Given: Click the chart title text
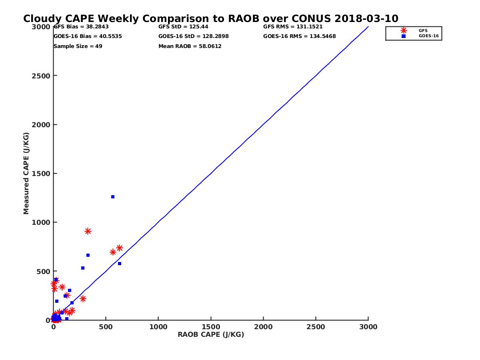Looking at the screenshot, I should (211, 19).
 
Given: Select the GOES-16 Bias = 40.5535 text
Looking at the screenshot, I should (88, 36).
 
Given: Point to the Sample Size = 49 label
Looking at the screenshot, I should (78, 46).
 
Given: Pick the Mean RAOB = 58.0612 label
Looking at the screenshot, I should (190, 46).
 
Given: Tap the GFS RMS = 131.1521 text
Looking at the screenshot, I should (293, 27).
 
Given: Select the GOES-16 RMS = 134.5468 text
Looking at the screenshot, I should (300, 36).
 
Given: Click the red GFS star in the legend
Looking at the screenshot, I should (404, 30).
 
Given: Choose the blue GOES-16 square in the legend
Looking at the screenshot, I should (404, 36).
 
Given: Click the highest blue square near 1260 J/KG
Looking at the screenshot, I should (113, 197).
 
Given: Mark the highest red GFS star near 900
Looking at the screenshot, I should (88, 231).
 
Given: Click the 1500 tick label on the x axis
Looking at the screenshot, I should (211, 327).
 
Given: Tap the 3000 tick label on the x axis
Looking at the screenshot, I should (368, 327).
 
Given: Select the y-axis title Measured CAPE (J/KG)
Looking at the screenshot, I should (26, 174).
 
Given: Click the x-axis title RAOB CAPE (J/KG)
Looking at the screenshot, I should (211, 335).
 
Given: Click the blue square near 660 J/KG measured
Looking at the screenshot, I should (88, 255).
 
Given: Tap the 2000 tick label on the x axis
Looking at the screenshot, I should (263, 327).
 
